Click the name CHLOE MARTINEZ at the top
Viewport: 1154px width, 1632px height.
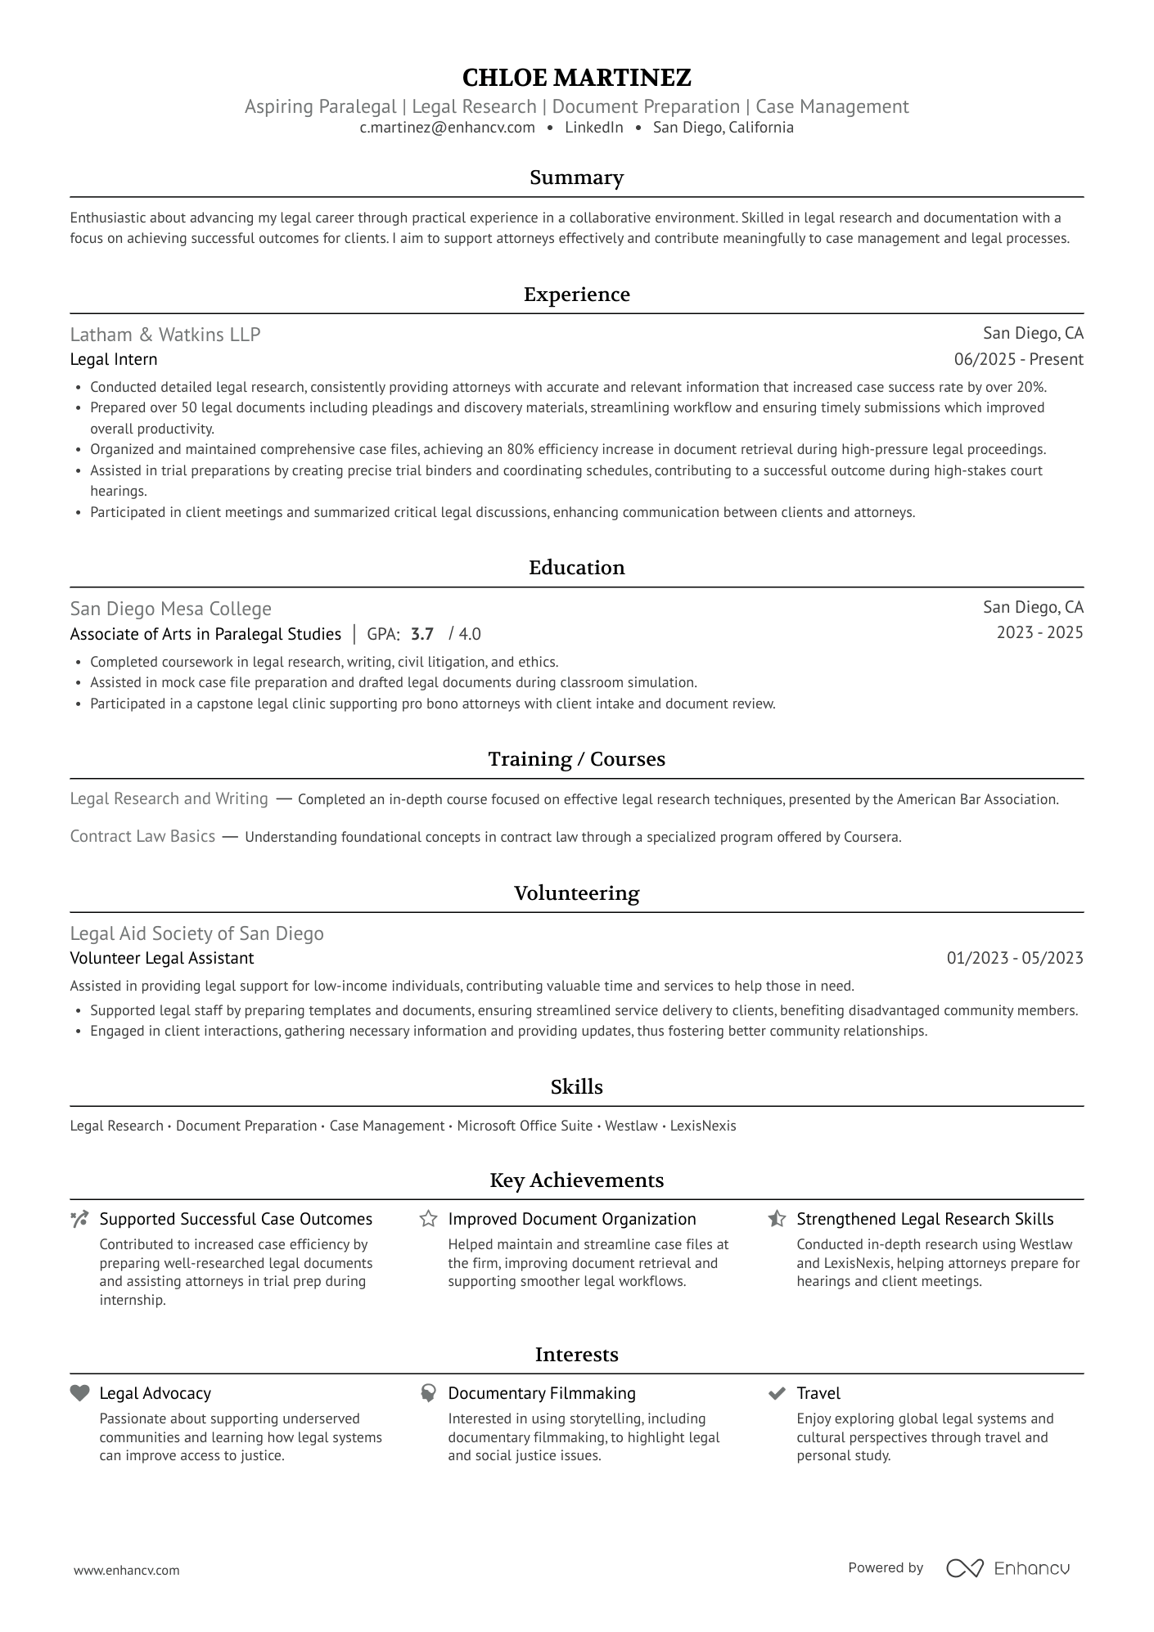pos(576,78)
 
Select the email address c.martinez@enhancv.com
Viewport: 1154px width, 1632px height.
pos(447,128)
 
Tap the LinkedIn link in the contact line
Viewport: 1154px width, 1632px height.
pos(593,128)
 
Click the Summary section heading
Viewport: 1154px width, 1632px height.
pos(576,178)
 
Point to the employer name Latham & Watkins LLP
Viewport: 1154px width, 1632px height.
pos(165,335)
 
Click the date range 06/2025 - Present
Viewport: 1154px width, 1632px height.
pos(1018,360)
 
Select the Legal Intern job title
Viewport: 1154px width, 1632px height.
pos(114,360)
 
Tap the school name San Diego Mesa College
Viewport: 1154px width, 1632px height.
pos(170,609)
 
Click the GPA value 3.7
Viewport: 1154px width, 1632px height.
pos(422,634)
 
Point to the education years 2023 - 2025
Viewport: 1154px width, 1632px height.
pos(1039,632)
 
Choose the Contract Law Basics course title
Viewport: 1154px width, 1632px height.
pos(142,836)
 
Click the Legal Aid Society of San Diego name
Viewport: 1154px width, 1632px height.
pos(196,933)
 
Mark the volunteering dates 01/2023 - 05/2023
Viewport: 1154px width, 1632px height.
pos(1015,958)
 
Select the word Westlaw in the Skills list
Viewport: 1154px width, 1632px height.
pos(631,1126)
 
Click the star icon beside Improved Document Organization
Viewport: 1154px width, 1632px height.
pos(428,1219)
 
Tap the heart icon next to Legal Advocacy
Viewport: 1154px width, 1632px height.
pos(79,1393)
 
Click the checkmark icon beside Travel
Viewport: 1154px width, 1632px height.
pos(777,1393)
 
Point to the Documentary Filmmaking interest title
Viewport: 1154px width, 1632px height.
pos(542,1393)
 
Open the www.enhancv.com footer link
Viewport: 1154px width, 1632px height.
pos(127,1570)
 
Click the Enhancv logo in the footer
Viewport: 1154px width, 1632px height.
pos(1007,1568)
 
